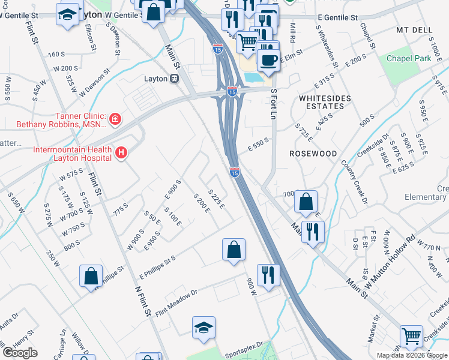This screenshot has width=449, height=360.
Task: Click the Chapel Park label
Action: [409, 58]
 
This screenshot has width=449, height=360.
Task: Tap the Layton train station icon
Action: [174, 78]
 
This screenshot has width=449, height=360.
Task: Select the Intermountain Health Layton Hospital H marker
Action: [121, 154]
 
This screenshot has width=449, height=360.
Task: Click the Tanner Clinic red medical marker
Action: [115, 120]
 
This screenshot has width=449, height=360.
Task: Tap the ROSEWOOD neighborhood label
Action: [313, 154]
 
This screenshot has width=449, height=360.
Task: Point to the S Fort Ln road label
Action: [274, 103]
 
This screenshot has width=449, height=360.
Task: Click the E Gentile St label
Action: [334, 19]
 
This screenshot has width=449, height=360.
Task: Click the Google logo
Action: [20, 353]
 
